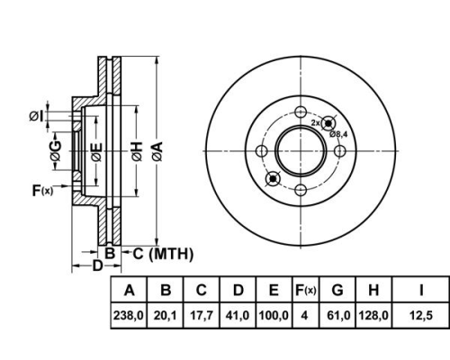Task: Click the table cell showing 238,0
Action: click(129, 315)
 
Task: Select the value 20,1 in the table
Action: click(165, 315)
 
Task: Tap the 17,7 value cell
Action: click(202, 315)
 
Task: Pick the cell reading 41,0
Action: click(238, 315)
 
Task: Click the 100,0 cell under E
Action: click(274, 315)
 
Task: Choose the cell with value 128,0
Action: click(373, 315)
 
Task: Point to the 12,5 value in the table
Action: click(421, 315)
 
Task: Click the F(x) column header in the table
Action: click(306, 290)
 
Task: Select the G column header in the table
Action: click(337, 290)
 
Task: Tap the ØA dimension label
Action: click(157, 151)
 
